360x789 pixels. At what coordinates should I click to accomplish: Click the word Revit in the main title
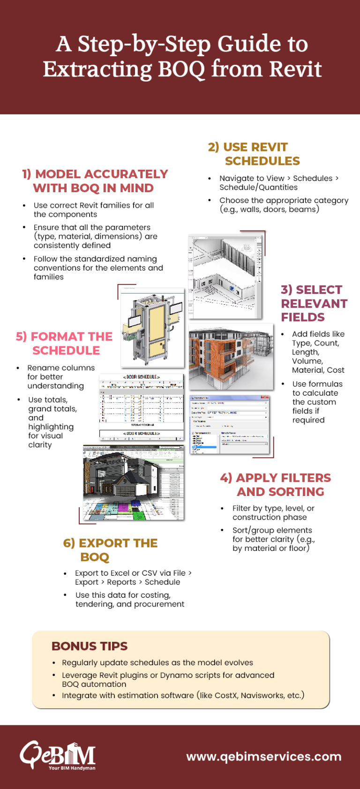click(295, 69)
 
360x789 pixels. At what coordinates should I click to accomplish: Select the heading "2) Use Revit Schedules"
click(254, 154)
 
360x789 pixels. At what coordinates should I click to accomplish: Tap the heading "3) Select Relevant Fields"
click(314, 303)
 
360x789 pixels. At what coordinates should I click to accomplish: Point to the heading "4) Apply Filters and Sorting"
click(276, 485)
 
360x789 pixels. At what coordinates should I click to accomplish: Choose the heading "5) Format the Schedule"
click(64, 344)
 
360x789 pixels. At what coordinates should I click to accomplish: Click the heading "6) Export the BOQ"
click(110, 550)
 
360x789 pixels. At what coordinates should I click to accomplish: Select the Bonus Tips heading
click(90, 646)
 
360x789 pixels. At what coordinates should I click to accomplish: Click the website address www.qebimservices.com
click(263, 757)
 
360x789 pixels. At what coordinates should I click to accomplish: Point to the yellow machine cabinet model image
click(152, 327)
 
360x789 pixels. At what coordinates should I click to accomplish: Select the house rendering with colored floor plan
click(134, 483)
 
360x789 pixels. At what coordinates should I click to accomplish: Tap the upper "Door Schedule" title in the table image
click(142, 377)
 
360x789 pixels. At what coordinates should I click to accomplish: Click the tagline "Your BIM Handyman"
click(72, 768)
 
